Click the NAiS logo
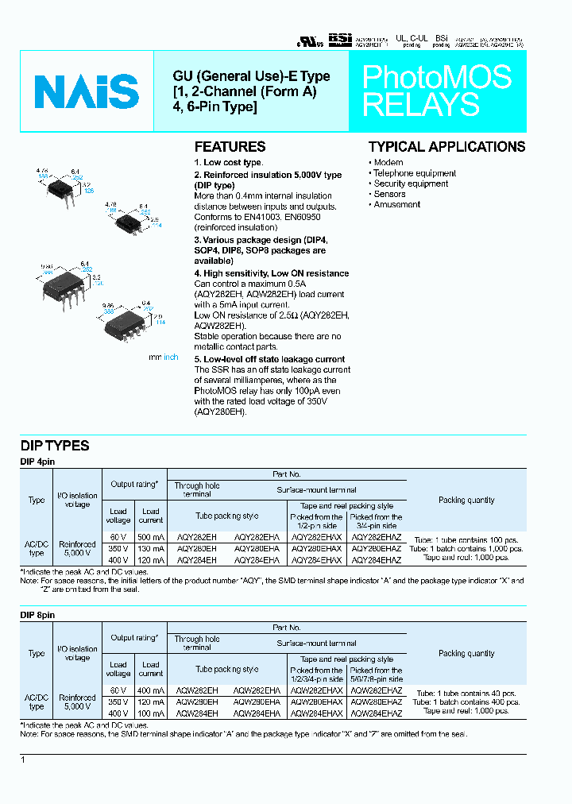coord(87,91)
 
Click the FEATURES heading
coord(230,147)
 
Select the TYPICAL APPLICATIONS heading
coord(446,147)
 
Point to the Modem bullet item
coord(388,163)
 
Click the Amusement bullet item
coord(396,204)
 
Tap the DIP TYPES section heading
coord(55,446)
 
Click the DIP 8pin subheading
coord(37,615)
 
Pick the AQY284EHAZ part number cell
coord(377,559)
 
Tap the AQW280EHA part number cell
coord(257,702)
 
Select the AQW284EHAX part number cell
coord(317,713)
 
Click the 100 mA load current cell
coord(151,713)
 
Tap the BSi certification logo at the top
coord(339,38)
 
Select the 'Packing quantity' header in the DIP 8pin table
coord(466,653)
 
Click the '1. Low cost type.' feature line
coord(228,163)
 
